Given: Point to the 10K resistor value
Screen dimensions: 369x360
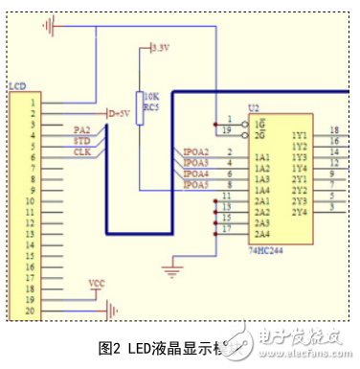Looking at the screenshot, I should [x=150, y=96].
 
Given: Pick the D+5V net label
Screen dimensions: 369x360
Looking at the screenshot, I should [x=119, y=113].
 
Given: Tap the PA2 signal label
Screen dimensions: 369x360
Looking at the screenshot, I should [x=81, y=128].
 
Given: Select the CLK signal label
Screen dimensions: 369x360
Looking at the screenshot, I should [x=82, y=151].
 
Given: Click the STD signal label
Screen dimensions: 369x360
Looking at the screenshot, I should [x=82, y=140].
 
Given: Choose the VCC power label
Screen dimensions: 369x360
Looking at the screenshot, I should [x=96, y=283].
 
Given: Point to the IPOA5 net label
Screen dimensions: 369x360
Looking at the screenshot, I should [x=197, y=185].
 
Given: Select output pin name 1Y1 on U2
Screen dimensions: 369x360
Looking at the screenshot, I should [x=299, y=135].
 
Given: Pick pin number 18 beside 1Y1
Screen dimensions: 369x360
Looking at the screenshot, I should [x=333, y=130].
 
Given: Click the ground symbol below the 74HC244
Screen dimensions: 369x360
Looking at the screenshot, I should [x=172, y=271].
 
